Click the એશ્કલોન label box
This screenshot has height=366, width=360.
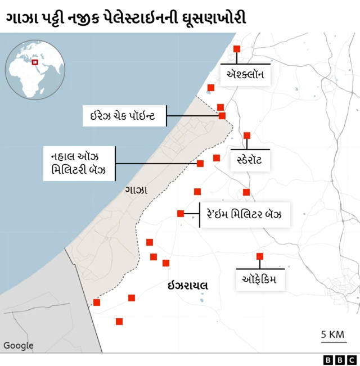(246, 75)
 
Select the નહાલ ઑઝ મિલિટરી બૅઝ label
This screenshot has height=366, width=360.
(79, 163)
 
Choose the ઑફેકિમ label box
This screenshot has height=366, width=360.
(260, 279)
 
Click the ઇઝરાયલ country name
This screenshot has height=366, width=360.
(188, 286)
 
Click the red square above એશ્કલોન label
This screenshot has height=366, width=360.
(237, 49)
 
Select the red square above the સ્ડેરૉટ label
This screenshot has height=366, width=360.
(247, 135)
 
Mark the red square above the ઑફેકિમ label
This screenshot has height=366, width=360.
(260, 256)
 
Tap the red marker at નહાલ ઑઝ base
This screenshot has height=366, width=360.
(200, 164)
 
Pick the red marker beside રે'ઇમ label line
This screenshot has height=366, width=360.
(181, 214)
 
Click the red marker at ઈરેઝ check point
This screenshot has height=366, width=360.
(222, 116)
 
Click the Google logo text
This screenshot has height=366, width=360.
(19, 346)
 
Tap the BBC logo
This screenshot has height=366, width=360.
(340, 360)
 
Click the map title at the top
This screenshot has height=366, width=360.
(126, 18)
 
